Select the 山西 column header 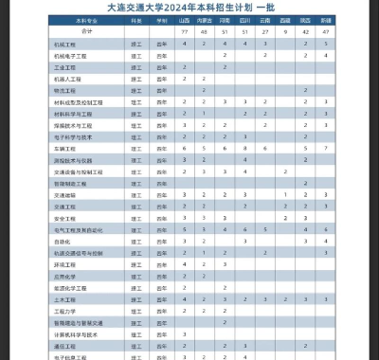coord(184,20)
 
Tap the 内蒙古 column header coord(204,20)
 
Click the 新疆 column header coord(326,20)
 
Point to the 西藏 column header coord(285,20)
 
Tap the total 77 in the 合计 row coord(184,32)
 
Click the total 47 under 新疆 coord(326,32)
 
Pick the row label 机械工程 coord(65,45)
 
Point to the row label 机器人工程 coord(67,79)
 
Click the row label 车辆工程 coord(65,148)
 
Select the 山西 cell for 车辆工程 coord(184,148)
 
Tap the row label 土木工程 coord(65,298)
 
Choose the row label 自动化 coord(63,241)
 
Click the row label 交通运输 coord(65,194)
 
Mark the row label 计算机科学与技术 coord(76,333)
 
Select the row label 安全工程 coord(65,218)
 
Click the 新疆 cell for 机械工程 coord(326,45)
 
